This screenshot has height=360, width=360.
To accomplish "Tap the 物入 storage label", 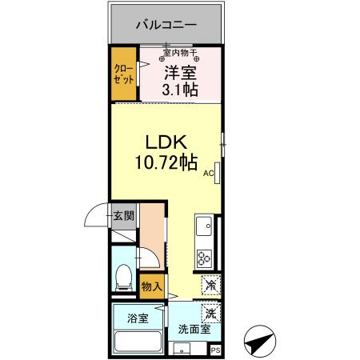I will click(x=152, y=286).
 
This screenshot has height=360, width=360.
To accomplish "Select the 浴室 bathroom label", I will click(x=138, y=318).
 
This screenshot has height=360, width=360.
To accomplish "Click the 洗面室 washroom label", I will click(x=193, y=328).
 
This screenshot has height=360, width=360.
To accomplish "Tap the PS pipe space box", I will click(x=215, y=349).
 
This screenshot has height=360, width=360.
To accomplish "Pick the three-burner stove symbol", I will click(x=204, y=258).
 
